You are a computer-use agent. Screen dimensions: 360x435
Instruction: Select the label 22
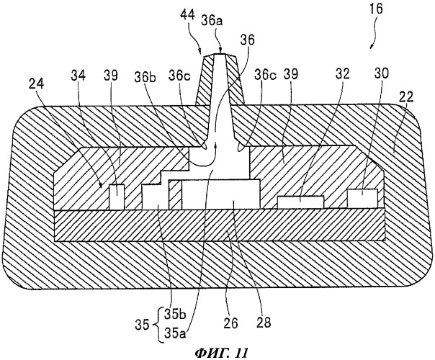click(405, 106)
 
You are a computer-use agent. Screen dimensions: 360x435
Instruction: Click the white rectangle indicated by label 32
click(300, 201)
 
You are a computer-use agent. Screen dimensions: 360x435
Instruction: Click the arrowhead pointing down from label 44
click(202, 53)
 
